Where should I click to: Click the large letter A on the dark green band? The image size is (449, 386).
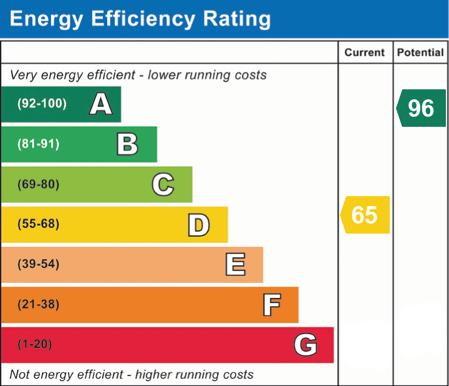click(101, 104)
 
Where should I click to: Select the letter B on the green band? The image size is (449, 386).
click(127, 144)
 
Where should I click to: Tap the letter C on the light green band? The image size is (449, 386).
click(163, 184)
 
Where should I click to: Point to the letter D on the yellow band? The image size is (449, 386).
click(199, 225)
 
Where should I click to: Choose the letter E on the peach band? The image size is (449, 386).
click(235, 264)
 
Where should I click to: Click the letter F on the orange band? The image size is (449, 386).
click(272, 305)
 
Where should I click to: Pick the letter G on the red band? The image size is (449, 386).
click(306, 344)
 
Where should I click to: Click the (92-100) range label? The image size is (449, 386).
click(42, 103)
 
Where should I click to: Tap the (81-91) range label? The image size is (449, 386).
click(39, 144)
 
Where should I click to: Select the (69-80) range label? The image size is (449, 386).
click(39, 184)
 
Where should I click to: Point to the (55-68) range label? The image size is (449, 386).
click(39, 224)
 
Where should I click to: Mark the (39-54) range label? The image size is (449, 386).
click(39, 264)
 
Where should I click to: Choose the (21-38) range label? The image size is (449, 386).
click(39, 304)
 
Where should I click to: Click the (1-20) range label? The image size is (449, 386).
click(35, 344)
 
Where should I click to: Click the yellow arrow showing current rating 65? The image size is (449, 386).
click(365, 215)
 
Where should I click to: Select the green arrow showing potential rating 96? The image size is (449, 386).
click(421, 108)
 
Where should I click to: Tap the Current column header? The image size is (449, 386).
click(365, 52)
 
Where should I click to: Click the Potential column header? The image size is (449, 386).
click(420, 52)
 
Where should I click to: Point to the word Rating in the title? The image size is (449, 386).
click(237, 19)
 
